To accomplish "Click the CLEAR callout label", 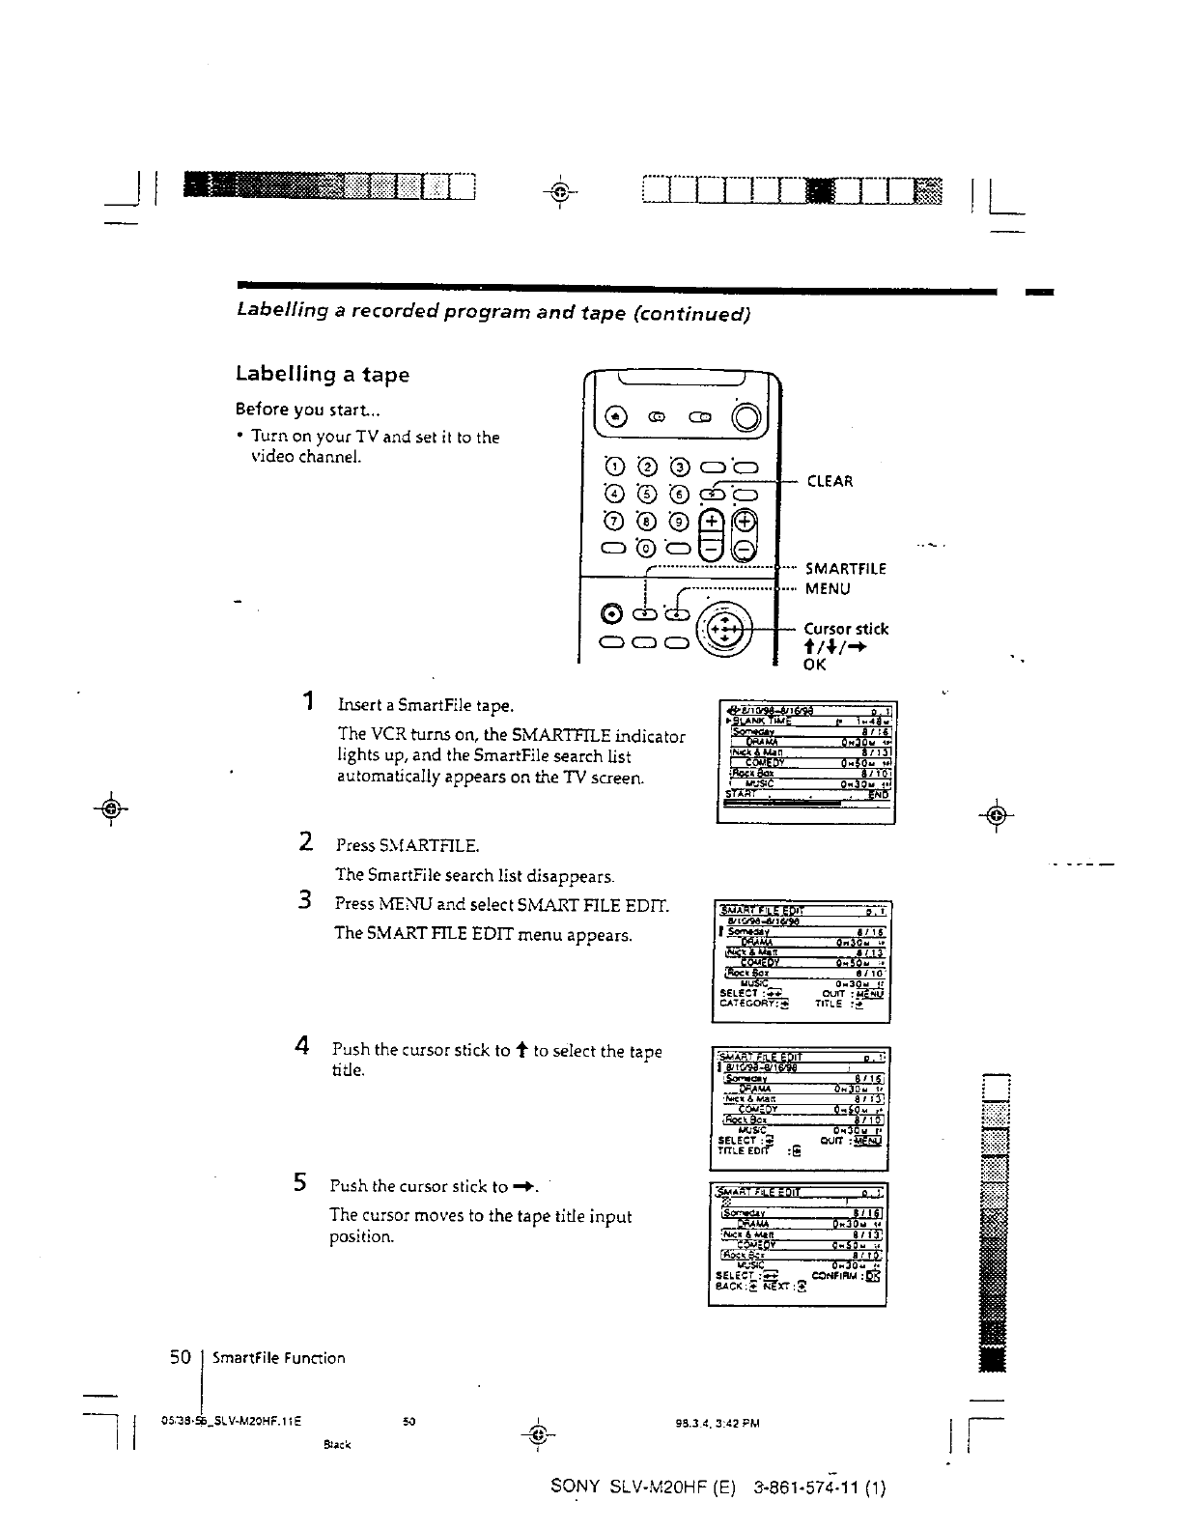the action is [830, 481].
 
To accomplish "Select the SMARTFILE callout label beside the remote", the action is [845, 568].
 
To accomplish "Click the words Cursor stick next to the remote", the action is [846, 629].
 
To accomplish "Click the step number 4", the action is [301, 1045].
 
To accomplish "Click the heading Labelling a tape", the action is [323, 374].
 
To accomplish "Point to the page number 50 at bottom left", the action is [180, 1357].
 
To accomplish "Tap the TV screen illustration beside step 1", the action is [806, 762].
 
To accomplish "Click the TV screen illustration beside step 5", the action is [798, 1244].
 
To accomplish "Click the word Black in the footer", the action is [336, 1444].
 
